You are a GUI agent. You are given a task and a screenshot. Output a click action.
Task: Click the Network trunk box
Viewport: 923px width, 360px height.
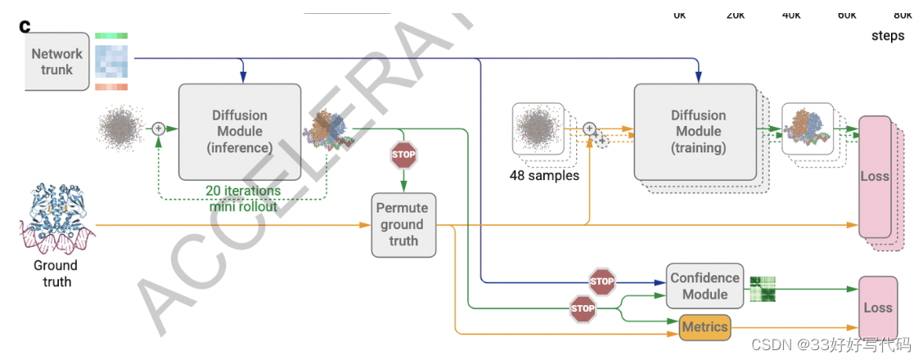point(57,62)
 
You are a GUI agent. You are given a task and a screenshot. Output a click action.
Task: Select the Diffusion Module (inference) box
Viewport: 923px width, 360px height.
point(240,131)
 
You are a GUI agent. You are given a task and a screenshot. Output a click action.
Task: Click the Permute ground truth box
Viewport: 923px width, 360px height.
point(403,224)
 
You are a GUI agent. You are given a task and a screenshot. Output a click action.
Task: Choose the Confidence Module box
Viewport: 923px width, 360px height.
point(705,286)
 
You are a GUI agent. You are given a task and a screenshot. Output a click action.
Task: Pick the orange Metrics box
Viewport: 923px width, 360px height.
point(705,327)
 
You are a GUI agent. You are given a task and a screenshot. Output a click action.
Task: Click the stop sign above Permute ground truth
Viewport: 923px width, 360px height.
point(403,154)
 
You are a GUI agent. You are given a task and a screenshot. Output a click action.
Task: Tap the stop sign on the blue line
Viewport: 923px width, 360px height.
point(601,281)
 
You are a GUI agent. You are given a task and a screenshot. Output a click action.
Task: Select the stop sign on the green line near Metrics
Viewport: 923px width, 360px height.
point(583,308)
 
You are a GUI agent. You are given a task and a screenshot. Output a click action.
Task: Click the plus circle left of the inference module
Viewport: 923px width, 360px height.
point(159,128)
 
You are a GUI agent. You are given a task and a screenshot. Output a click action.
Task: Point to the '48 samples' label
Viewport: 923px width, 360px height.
point(544,176)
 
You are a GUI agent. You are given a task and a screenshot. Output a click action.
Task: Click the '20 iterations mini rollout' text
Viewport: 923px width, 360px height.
point(243,198)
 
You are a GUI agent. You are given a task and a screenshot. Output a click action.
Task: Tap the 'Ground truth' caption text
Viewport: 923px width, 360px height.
point(56,273)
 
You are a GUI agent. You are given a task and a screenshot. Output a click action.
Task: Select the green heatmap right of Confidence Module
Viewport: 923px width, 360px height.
point(762,289)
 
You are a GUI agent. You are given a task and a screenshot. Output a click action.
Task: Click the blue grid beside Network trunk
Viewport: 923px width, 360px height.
point(110,61)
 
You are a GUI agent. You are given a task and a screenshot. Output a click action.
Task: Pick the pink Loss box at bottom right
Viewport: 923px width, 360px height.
point(877,308)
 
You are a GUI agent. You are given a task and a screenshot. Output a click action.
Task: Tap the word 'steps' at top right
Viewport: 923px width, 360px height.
point(887,36)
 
